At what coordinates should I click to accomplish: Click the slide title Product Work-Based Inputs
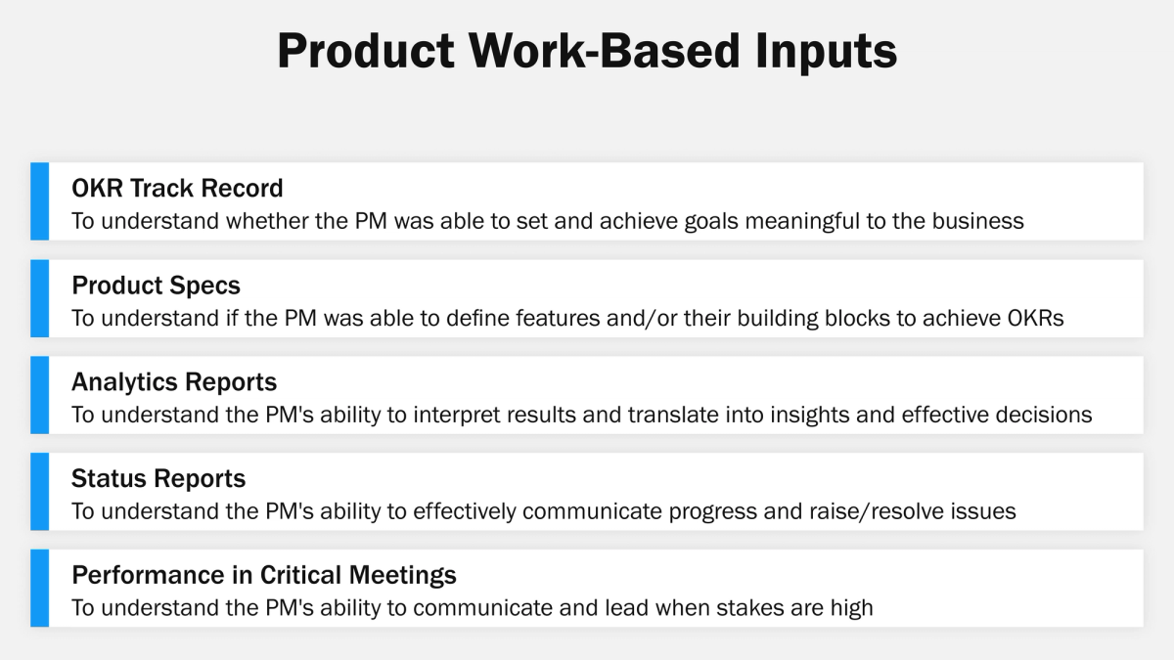(x=587, y=51)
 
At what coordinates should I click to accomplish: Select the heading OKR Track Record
(x=177, y=188)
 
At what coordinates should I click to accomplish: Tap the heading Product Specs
(x=156, y=285)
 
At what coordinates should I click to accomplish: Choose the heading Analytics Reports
(x=174, y=381)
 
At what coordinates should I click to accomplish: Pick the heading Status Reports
(x=158, y=478)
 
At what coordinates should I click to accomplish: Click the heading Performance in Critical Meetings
(x=264, y=575)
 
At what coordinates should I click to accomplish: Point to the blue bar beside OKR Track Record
(x=39, y=201)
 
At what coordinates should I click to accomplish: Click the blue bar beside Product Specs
(x=39, y=298)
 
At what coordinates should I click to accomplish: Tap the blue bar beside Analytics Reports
(x=39, y=395)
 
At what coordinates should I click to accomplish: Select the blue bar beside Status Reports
(x=39, y=492)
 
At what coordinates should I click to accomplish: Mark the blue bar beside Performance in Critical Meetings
(x=39, y=589)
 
